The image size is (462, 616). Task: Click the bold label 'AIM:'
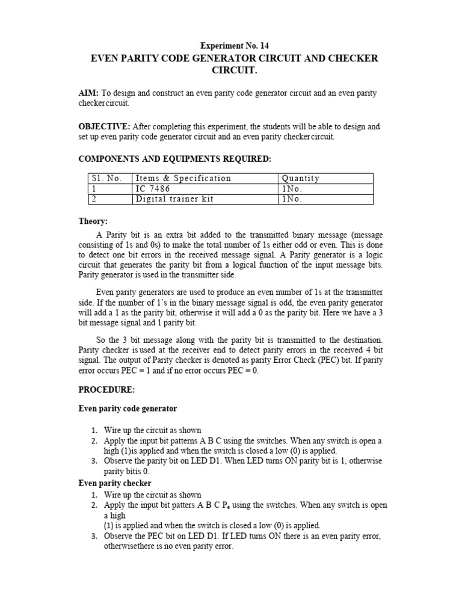pos(90,93)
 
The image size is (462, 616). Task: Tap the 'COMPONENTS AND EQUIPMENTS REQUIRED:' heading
pos(175,158)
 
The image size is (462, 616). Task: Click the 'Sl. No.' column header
pos(106,178)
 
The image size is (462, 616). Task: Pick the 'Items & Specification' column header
pos(183,178)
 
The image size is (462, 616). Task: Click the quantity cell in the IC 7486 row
pos(292,188)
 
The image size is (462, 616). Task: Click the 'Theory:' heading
pos(93,221)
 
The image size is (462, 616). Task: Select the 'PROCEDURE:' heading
pos(103,390)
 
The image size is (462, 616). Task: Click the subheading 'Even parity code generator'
pos(128,408)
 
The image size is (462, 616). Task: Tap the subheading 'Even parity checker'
pos(115,483)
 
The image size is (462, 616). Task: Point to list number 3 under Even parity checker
pos(94,536)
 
